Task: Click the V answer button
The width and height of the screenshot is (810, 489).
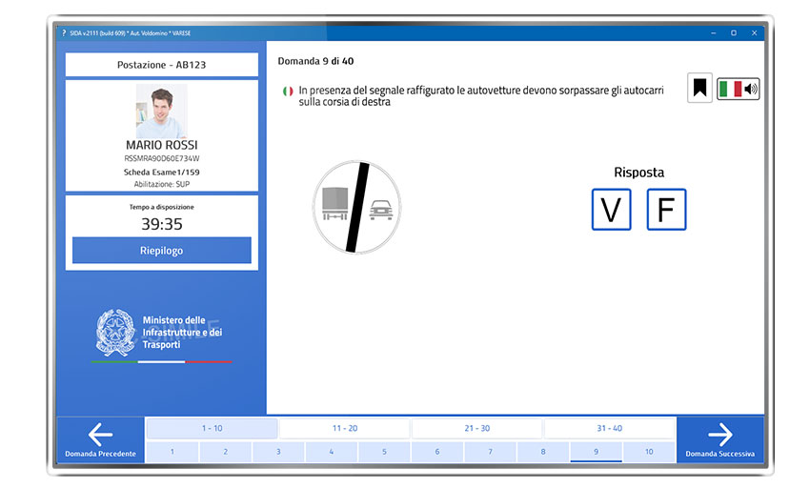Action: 611,210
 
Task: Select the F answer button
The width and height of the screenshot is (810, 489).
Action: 666,210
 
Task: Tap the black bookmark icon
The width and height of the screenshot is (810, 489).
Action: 699,88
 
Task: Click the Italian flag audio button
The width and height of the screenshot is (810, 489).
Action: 739,89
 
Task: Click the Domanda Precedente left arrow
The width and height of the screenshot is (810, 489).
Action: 100,435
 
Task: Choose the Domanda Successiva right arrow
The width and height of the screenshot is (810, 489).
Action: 720,435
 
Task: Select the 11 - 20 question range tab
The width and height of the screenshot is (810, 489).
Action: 345,428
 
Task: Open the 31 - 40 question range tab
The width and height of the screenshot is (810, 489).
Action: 610,428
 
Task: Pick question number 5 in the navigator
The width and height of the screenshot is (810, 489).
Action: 384,452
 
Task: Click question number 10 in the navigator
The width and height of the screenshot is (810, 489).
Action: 649,452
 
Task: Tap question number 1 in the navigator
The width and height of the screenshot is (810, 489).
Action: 172,452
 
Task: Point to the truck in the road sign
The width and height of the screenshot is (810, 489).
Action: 335,203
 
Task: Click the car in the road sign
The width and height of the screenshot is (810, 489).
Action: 381,210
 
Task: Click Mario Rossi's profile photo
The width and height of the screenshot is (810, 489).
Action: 162,111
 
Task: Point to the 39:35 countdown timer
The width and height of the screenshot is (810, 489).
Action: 162,224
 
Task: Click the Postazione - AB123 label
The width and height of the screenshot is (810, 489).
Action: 162,65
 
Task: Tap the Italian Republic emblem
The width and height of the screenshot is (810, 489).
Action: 115,333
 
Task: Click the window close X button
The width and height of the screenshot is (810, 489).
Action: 754,33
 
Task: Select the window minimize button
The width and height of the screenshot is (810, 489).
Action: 714,33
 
